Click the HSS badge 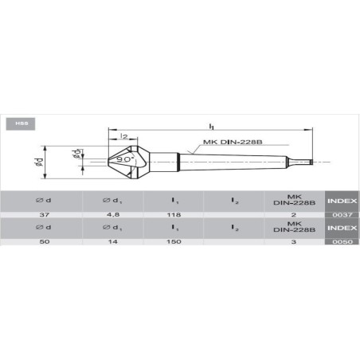point(18,123)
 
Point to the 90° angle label point(125,159)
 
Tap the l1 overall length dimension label point(211,126)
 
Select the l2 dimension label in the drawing point(124,138)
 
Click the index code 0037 point(342,215)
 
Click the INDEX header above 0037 point(342,200)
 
